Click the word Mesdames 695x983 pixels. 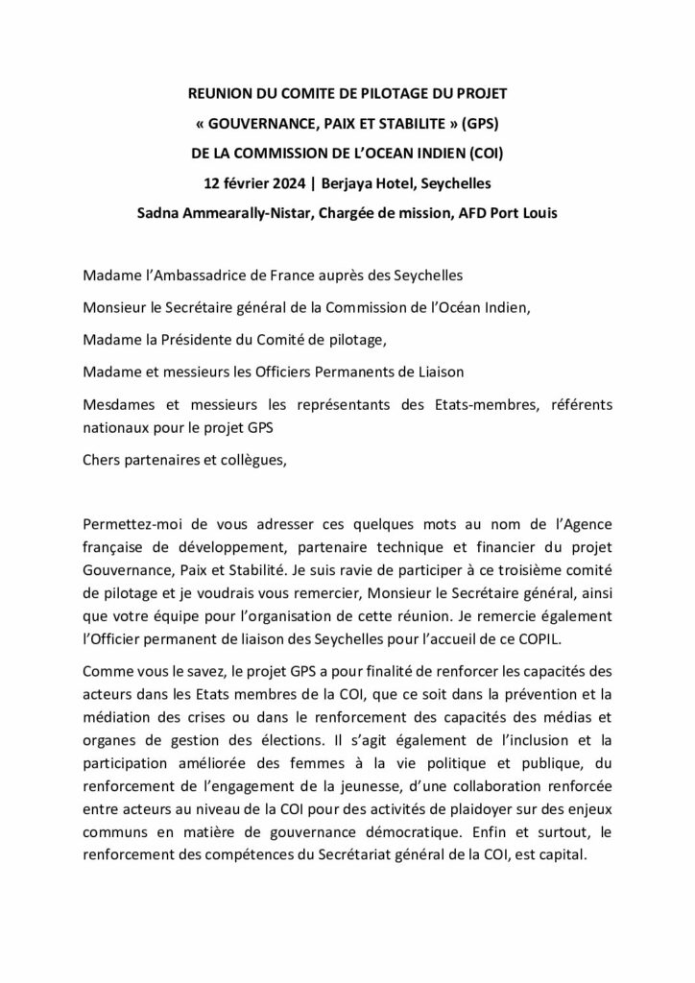[x=117, y=403]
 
